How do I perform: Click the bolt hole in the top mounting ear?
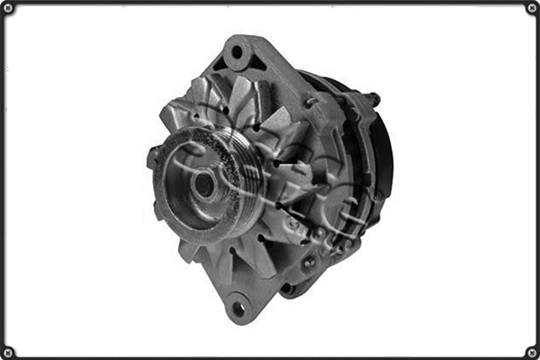point(238,52)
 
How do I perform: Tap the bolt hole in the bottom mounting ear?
point(238,308)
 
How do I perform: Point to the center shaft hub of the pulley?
point(203,185)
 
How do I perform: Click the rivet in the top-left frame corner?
point(7,8)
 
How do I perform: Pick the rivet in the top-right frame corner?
point(532,8)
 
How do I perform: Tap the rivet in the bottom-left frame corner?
point(7,352)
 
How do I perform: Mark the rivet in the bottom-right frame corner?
point(532,352)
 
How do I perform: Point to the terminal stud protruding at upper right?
point(373,98)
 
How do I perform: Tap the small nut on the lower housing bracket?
point(310,262)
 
